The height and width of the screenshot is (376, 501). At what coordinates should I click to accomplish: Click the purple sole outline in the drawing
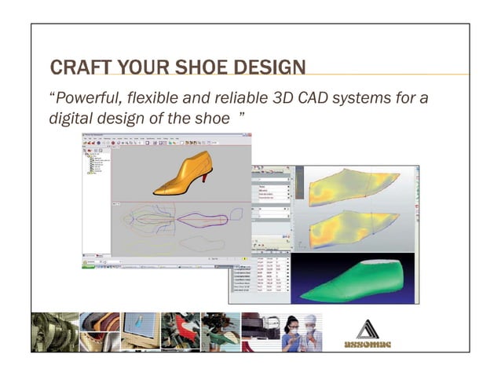point(204,219)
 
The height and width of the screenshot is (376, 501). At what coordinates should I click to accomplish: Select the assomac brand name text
point(368,345)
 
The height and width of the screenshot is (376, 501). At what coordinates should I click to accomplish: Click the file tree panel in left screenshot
point(96,196)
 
